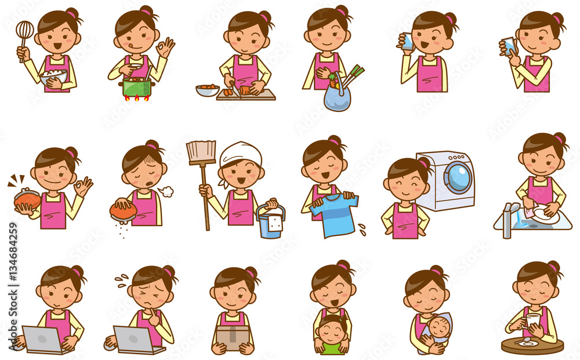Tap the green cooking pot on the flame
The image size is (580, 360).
[137, 87]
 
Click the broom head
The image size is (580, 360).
[201, 152]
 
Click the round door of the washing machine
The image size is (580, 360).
[458, 177]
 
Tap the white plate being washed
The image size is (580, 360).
[545, 216]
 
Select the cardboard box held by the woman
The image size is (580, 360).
[233, 336]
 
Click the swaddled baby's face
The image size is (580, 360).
[440, 328]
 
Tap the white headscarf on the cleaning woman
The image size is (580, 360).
[240, 155]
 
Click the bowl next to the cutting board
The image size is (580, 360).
[208, 90]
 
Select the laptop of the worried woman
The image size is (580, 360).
[132, 340]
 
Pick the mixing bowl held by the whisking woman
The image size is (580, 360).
[54, 78]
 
